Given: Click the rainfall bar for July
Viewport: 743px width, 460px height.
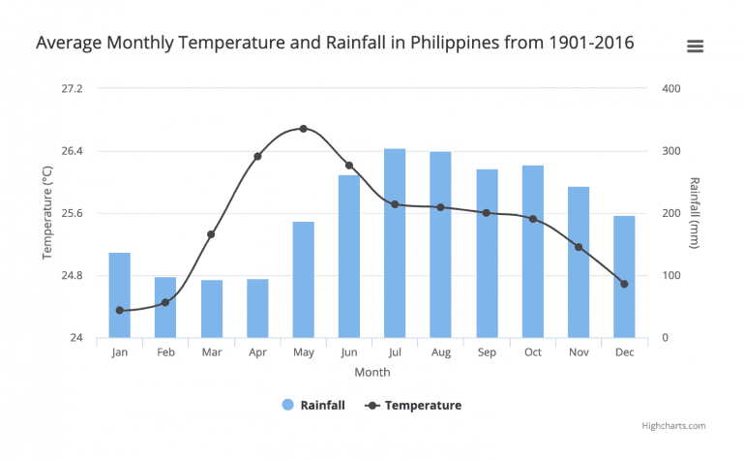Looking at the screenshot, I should tap(395, 243).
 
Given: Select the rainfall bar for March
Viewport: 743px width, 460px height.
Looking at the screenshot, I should tap(212, 309).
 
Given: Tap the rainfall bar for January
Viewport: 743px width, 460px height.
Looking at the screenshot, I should tap(120, 295).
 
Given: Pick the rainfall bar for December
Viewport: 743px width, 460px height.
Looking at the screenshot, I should tap(624, 277).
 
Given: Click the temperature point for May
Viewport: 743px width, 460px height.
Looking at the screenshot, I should tap(303, 129).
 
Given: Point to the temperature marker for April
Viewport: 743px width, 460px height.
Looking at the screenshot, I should tap(257, 156).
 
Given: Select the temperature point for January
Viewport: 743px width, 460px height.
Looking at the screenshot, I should tap(120, 310).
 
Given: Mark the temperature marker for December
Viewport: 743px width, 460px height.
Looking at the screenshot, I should tap(624, 284).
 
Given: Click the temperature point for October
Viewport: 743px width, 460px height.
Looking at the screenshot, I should tap(532, 219).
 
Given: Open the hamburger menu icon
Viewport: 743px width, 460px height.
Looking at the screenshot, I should tap(695, 46).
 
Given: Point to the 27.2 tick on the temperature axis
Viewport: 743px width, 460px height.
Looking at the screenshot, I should tap(72, 89).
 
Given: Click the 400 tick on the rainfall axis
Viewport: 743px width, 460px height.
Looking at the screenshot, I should tap(671, 89).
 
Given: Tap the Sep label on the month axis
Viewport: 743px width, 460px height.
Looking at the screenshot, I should tap(487, 353).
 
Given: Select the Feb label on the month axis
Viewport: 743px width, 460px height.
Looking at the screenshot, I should tap(165, 353).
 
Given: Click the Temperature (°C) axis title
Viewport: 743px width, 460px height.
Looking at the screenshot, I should tap(47, 213).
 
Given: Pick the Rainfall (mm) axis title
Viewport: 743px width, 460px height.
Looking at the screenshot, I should tap(695, 213).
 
